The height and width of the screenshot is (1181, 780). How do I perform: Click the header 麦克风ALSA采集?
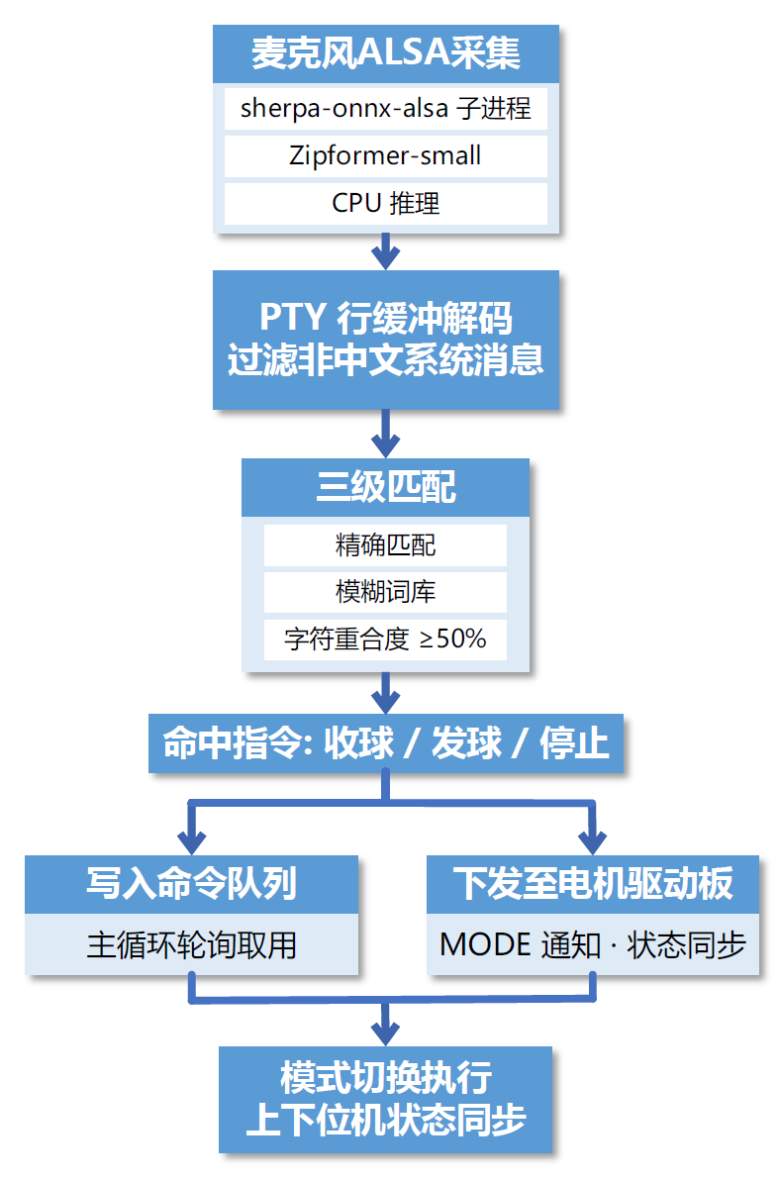click(385, 53)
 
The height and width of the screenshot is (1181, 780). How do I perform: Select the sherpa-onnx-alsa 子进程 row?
click(385, 109)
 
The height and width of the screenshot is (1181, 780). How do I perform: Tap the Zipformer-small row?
click(385, 155)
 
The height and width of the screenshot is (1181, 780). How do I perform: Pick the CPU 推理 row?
click(385, 203)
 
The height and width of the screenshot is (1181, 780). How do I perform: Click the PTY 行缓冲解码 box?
click(385, 340)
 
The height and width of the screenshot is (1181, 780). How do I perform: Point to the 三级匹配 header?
click(385, 487)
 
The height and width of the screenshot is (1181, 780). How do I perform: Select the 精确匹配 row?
click(385, 544)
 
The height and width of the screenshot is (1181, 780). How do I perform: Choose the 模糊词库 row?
click(385, 592)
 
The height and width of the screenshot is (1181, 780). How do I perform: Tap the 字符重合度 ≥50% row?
click(385, 640)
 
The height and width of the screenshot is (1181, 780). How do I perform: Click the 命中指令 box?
click(385, 742)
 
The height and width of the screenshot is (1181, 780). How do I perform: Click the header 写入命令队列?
click(191, 884)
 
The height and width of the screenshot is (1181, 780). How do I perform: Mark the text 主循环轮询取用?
click(191, 945)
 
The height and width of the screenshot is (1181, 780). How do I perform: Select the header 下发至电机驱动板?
click(593, 884)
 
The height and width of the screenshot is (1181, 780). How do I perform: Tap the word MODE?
click(486, 945)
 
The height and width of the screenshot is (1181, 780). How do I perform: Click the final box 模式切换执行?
click(385, 1100)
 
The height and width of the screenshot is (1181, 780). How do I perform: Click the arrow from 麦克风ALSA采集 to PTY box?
click(385, 250)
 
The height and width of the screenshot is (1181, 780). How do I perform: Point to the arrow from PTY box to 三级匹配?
click(385, 434)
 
